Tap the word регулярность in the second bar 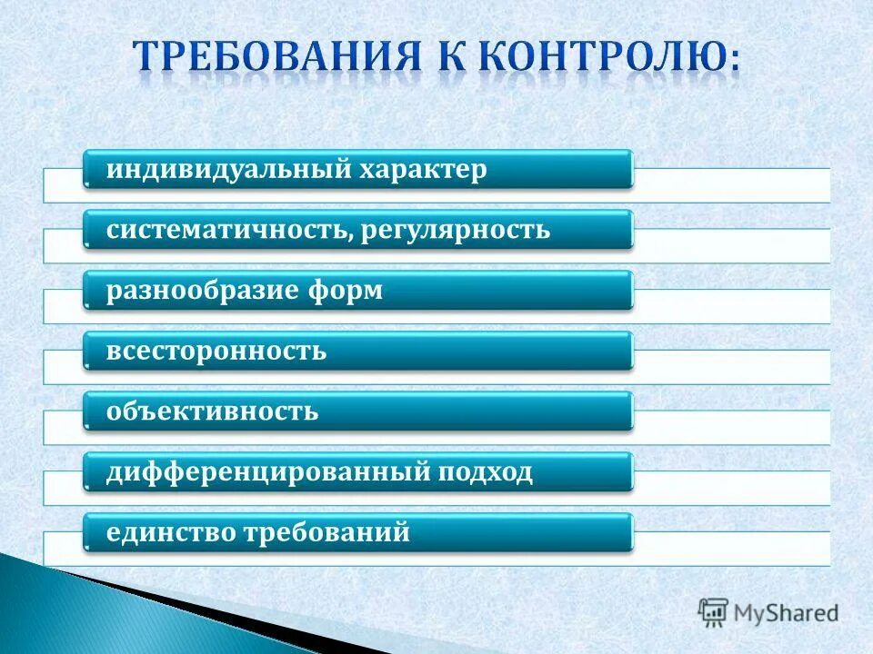(x=456, y=230)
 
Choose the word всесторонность (x=216, y=352)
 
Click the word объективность (x=213, y=411)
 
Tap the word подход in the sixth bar (x=487, y=472)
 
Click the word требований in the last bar (x=325, y=532)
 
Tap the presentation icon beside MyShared (x=714, y=611)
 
